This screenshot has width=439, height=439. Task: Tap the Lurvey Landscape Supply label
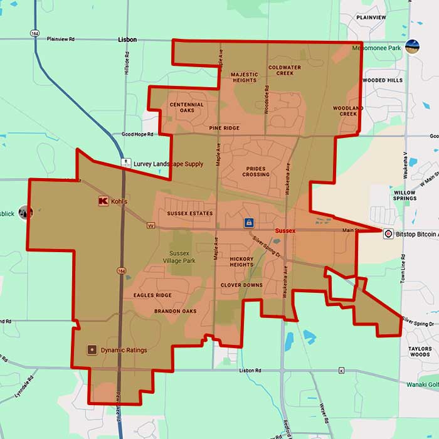(x=168, y=164)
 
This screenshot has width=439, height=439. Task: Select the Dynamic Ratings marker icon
(x=92, y=349)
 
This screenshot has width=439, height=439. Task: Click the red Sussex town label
(x=285, y=231)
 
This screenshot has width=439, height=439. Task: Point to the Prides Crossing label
(x=256, y=172)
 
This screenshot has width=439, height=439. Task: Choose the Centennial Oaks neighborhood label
(x=186, y=107)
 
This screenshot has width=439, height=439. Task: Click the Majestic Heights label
(x=244, y=77)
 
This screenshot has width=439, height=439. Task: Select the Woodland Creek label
(x=348, y=111)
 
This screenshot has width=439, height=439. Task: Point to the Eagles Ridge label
(x=152, y=295)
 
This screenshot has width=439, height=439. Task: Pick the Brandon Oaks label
(x=175, y=311)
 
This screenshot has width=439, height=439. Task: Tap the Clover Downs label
(x=241, y=285)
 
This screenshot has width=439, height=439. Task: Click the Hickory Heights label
(x=241, y=262)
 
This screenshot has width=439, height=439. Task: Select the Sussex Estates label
(x=189, y=213)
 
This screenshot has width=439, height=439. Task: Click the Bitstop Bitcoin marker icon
(x=388, y=233)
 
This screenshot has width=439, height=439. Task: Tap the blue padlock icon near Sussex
(x=249, y=223)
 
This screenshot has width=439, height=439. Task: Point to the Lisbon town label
(x=127, y=39)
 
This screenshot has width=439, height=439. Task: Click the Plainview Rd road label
(x=60, y=38)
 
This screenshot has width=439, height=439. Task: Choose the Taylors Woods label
(x=420, y=351)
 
